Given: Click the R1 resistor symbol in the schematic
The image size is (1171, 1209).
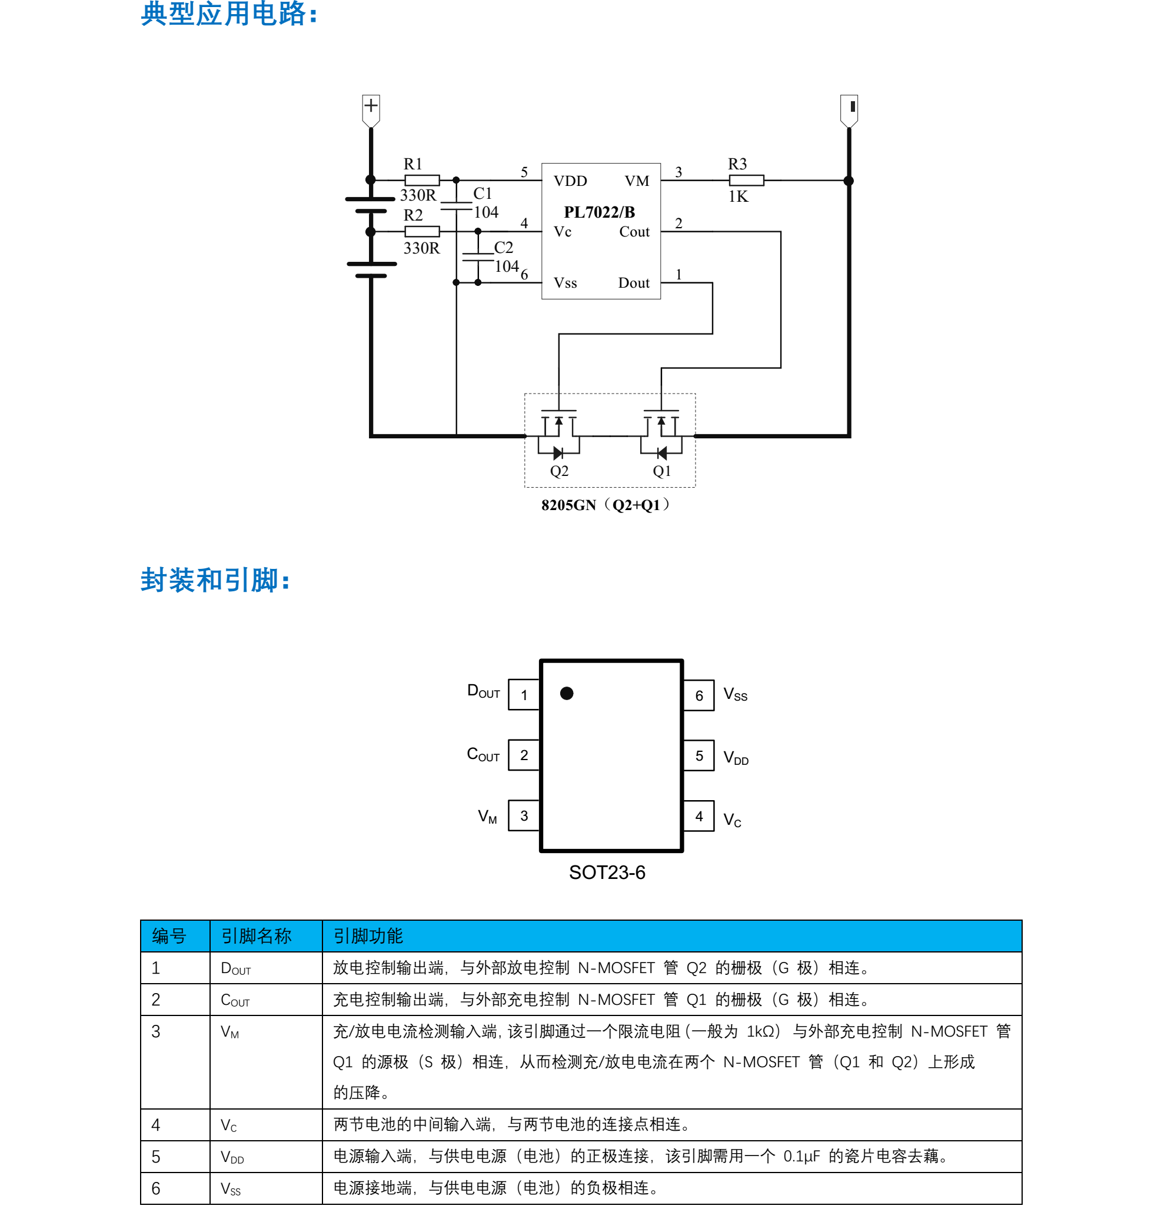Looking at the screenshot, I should point(422,180).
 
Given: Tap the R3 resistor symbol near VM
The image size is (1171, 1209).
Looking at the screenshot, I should point(746,180).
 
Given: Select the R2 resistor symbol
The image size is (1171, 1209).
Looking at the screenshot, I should point(422,231).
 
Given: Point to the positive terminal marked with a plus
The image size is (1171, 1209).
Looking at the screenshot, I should point(371,106).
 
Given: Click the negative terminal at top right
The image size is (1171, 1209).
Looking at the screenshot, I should point(850,106).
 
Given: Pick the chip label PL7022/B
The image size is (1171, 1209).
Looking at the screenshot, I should point(599,212).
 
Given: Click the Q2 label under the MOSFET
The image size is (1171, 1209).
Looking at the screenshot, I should point(559,471).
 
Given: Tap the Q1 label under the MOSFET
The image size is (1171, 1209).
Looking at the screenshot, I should point(661,471).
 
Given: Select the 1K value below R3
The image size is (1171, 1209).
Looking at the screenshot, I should point(738,196).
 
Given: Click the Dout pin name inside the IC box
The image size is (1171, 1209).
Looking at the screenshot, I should point(634,283).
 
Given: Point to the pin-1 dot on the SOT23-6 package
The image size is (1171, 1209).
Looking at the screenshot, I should point(566,693).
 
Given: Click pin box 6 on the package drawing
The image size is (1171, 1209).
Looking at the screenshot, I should point(699,695).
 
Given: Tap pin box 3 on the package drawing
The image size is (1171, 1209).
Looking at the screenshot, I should point(524,815).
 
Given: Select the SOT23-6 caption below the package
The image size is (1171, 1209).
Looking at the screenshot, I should point(607,872).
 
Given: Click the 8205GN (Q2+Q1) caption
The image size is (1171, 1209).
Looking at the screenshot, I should point(606,505).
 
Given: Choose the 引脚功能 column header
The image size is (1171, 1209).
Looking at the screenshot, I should point(368,936).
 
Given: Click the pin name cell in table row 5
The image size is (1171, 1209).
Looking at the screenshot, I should point(232,1157).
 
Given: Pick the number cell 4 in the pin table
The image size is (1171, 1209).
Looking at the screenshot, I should point(156,1125).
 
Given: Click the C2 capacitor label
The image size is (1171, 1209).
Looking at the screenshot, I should point(504,247).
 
